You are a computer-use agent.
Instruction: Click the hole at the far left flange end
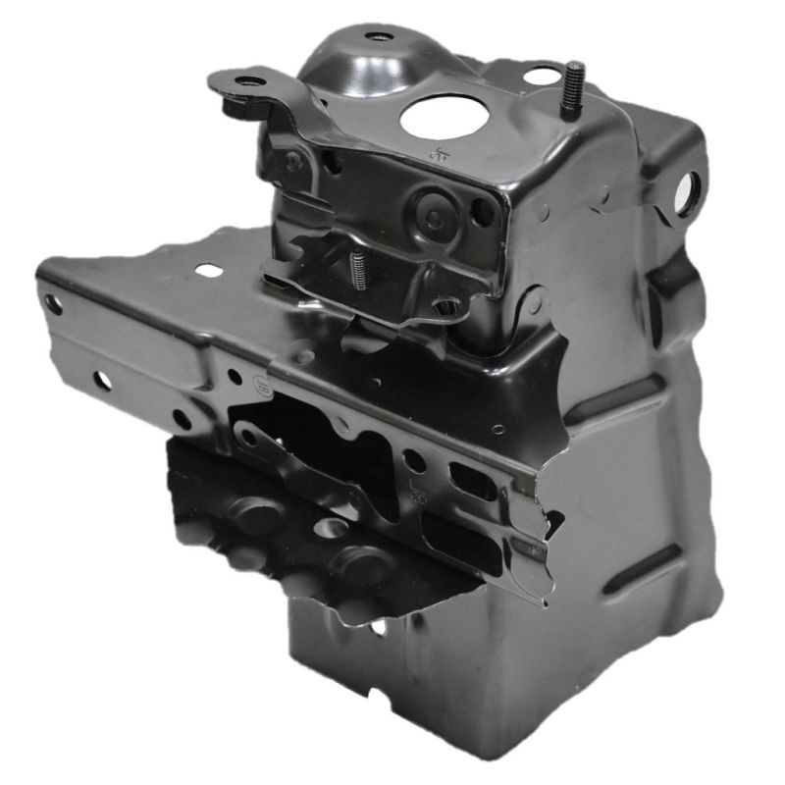point(53,304)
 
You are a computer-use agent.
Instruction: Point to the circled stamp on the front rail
point(263,387)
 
